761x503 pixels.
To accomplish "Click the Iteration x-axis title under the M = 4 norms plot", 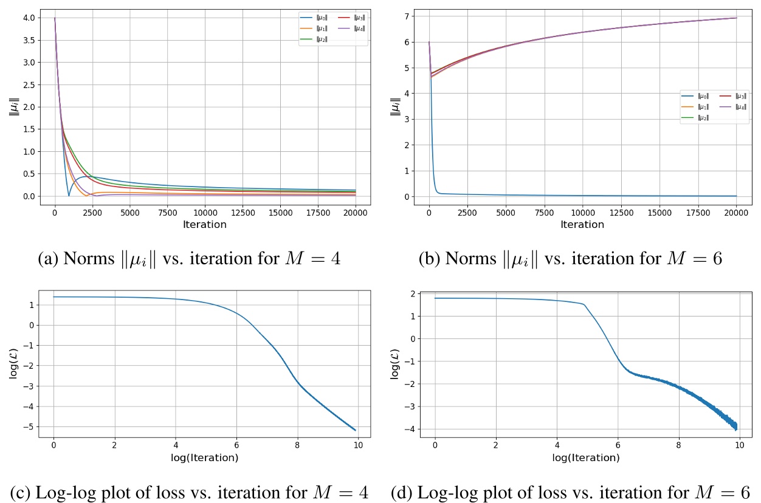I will tap(204, 224).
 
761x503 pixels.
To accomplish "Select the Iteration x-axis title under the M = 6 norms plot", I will tap(582, 224).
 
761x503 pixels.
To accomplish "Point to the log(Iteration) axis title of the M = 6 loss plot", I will tap(586, 458).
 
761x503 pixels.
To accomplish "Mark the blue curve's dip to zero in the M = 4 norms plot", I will tap(69, 196).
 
